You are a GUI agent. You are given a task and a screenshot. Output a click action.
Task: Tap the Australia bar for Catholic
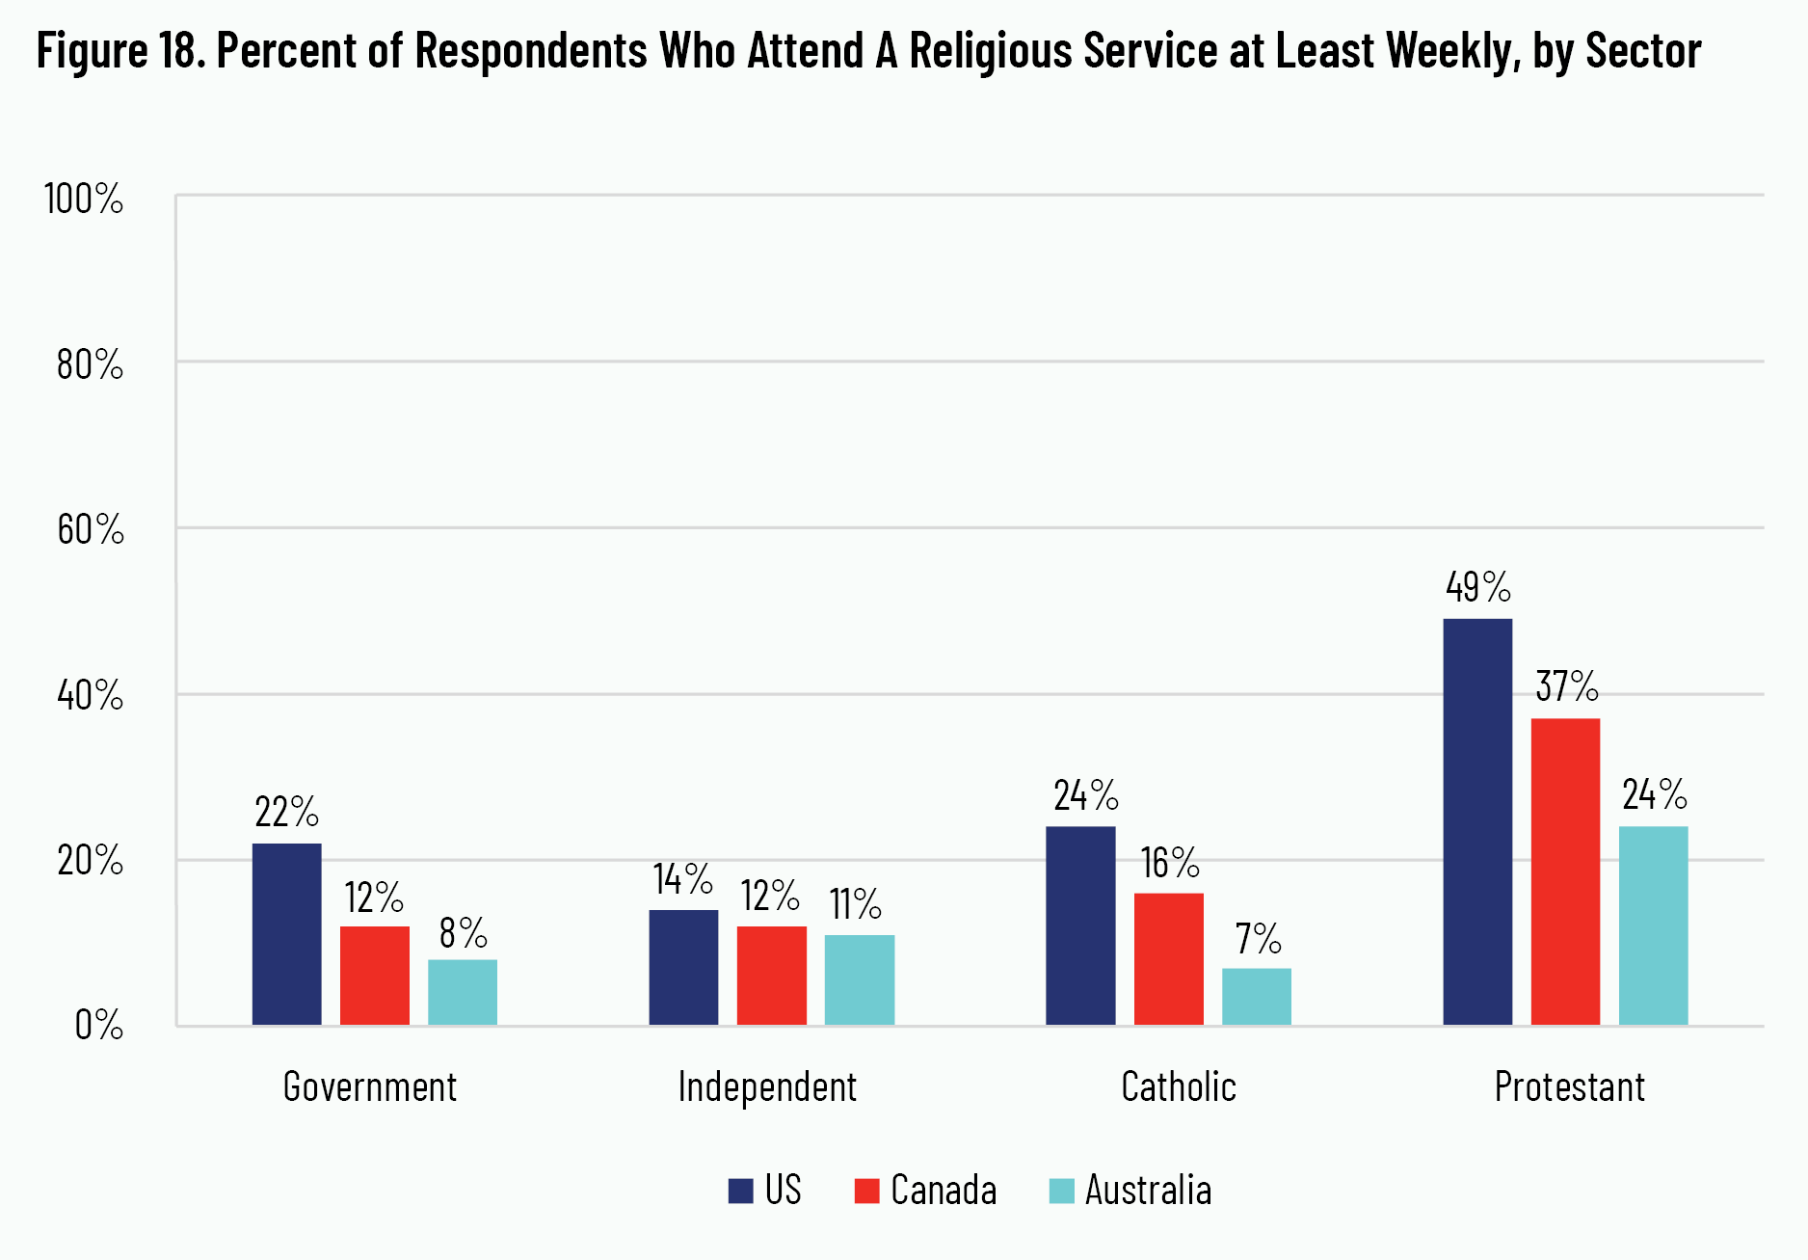click(1257, 996)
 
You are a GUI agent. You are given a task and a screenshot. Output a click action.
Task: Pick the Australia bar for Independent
click(860, 979)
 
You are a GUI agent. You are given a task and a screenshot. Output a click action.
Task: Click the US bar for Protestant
click(1477, 821)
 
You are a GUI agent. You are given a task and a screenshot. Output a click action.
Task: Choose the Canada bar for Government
click(375, 975)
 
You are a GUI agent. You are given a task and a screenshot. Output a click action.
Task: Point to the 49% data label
click(1477, 587)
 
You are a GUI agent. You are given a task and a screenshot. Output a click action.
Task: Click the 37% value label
click(1566, 687)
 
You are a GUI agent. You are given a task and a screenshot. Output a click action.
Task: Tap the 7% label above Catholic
click(1258, 938)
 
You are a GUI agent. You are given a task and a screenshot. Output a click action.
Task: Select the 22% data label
click(286, 813)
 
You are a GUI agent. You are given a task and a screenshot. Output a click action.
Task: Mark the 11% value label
click(855, 904)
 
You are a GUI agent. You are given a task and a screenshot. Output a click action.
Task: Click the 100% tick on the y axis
click(84, 200)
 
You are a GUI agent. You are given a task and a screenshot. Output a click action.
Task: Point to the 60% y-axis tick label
click(90, 530)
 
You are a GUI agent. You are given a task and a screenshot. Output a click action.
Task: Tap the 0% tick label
click(98, 1025)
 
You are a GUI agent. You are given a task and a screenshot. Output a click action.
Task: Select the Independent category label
click(767, 1087)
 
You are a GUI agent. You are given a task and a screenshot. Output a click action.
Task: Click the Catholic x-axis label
click(1178, 1087)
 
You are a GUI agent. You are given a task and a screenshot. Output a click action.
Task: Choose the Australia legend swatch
click(1061, 1191)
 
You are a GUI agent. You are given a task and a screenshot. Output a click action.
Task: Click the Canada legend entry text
click(944, 1191)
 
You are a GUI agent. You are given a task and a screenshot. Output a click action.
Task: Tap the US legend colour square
click(740, 1191)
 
